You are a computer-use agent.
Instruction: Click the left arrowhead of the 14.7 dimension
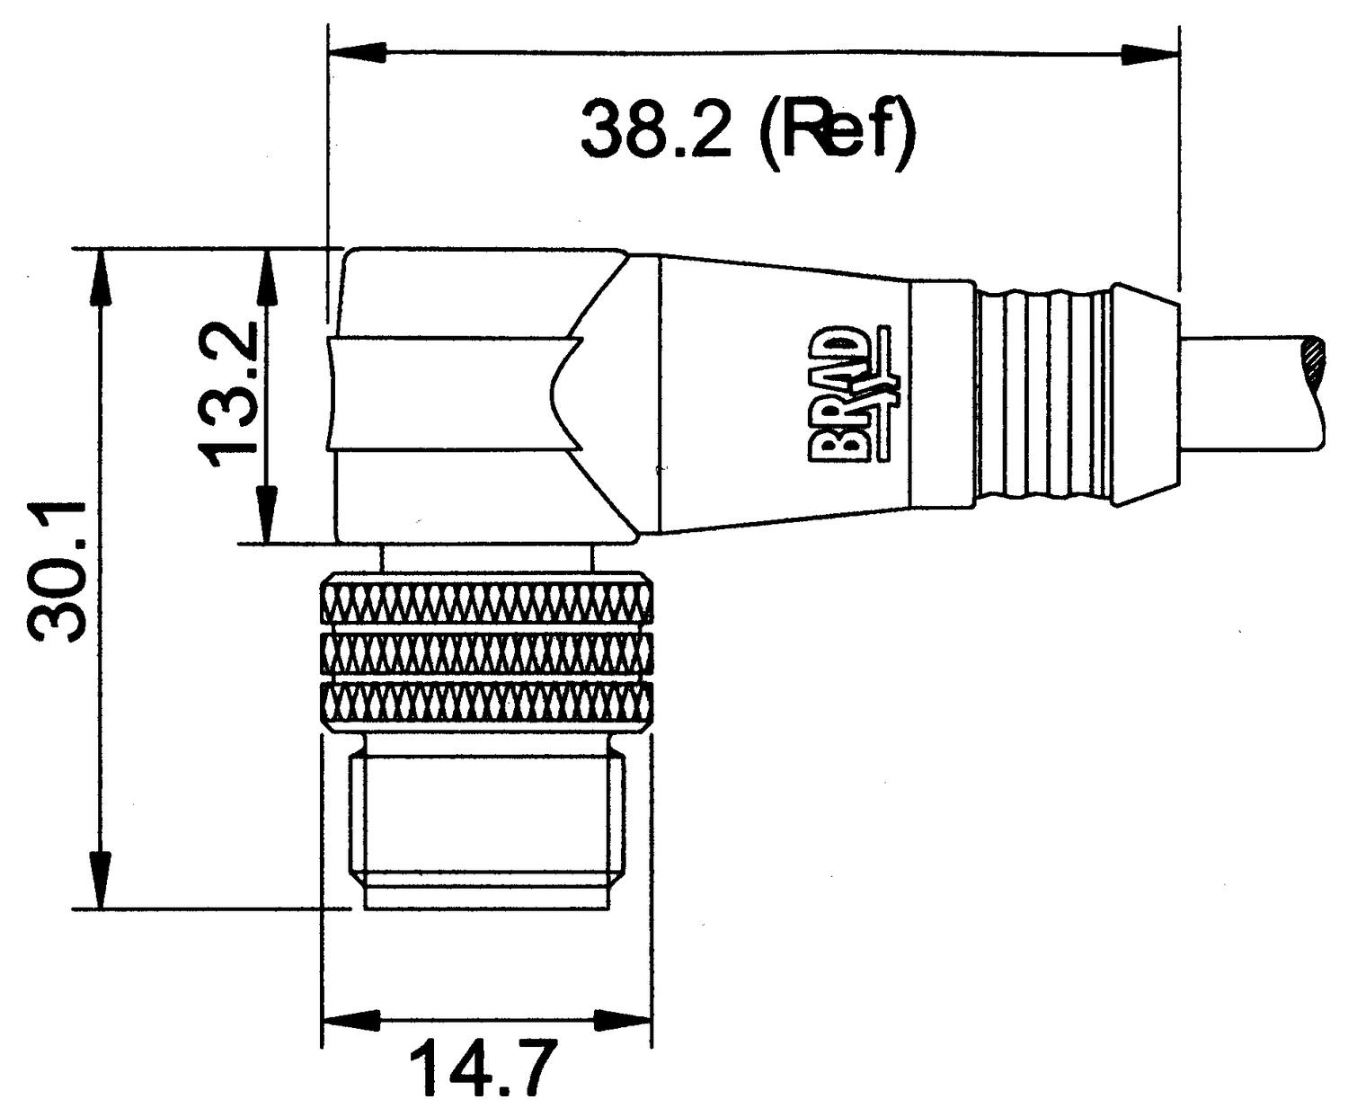coord(350,1020)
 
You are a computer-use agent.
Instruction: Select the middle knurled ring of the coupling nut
coord(485,652)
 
